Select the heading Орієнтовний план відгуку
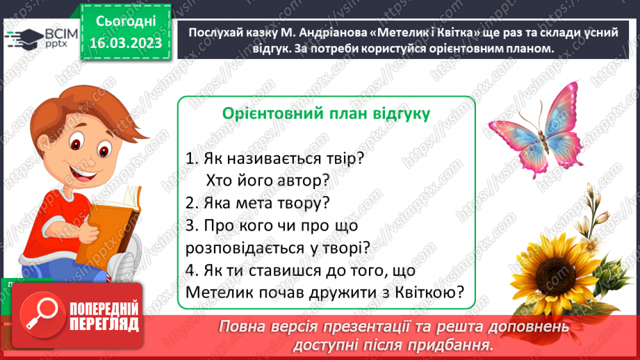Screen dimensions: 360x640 (325, 113)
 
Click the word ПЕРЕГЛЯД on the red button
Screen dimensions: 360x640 (105, 324)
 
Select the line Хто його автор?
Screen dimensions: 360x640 (267, 180)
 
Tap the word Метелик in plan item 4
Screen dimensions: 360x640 (219, 293)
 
